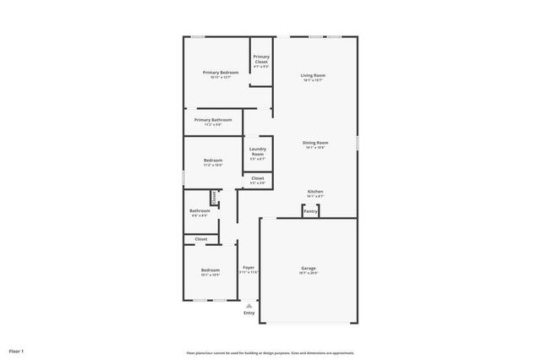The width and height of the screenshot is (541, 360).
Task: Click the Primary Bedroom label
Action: tap(221, 73)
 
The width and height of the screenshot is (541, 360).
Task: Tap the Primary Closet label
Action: tap(261, 59)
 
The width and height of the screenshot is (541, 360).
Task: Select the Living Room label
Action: tap(313, 76)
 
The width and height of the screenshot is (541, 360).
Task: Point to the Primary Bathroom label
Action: tap(213, 120)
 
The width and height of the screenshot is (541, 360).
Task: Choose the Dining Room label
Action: tap(315, 143)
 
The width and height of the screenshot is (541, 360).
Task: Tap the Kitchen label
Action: tap(314, 192)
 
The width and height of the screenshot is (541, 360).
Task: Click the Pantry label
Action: tap(310, 211)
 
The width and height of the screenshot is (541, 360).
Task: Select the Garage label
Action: tap(308, 269)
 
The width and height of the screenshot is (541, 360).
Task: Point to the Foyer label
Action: tap(249, 268)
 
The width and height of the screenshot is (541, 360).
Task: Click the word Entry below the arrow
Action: tap(249, 314)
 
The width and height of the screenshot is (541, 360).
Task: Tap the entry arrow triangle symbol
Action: tap(249, 306)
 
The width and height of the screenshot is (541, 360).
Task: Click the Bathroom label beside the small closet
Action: tap(199, 210)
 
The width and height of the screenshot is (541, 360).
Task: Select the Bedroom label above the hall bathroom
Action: tap(213, 161)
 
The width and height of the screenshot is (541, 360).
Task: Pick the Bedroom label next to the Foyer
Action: tap(210, 270)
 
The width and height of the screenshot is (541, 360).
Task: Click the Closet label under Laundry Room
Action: tap(258, 178)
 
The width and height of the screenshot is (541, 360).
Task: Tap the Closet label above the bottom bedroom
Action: tap(201, 239)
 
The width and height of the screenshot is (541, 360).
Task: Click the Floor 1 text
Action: tap(16, 350)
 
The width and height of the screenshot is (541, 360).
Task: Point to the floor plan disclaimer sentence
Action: tap(270, 352)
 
